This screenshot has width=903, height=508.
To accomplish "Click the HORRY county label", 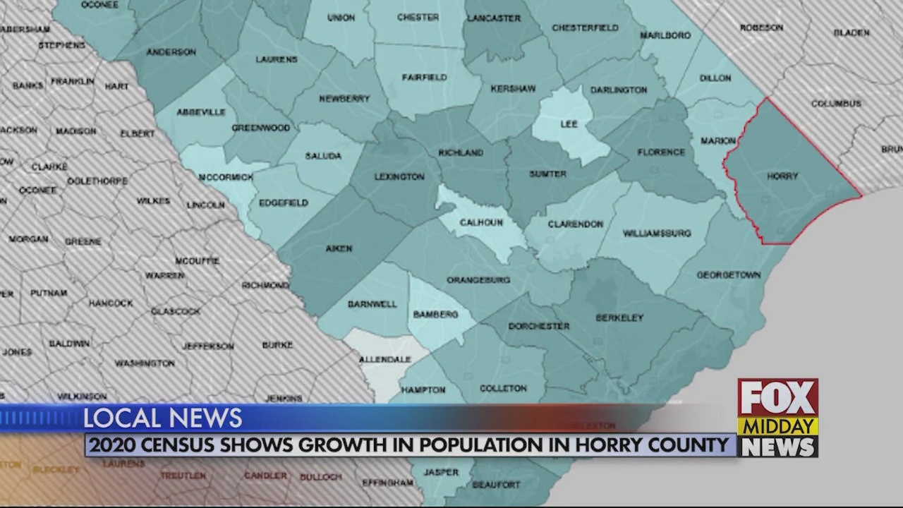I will pyautogui.click(x=782, y=176).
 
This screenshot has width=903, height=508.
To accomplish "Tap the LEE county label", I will pyautogui.click(x=569, y=124).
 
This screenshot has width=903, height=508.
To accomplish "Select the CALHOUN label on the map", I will pyautogui.click(x=481, y=223).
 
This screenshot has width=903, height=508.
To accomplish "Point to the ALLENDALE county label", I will pyautogui.click(x=384, y=360).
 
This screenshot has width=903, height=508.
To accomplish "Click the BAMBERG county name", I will pyautogui.click(x=435, y=315).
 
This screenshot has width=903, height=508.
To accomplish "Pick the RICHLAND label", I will pyautogui.click(x=461, y=152).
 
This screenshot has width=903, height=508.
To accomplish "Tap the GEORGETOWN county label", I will pyautogui.click(x=729, y=275).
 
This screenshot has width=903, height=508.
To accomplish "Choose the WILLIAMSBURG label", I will pyautogui.click(x=657, y=234).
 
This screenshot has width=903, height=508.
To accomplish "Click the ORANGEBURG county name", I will pyautogui.click(x=478, y=280).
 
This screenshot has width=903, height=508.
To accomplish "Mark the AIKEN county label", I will pyautogui.click(x=339, y=248).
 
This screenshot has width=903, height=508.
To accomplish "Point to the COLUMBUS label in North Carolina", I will pyautogui.click(x=836, y=104).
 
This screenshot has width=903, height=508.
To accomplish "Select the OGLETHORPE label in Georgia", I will pyautogui.click(x=97, y=181).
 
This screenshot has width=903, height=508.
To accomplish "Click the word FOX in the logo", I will pyautogui.click(x=777, y=399).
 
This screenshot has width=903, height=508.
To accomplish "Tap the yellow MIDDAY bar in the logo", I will pyautogui.click(x=777, y=427).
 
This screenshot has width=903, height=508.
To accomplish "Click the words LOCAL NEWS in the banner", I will pyautogui.click(x=163, y=418).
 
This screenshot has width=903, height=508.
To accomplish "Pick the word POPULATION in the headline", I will pyautogui.click(x=479, y=446).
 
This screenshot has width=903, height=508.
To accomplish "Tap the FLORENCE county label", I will pyautogui.click(x=661, y=152).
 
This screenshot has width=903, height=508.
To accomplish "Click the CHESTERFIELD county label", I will pyautogui.click(x=585, y=28).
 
